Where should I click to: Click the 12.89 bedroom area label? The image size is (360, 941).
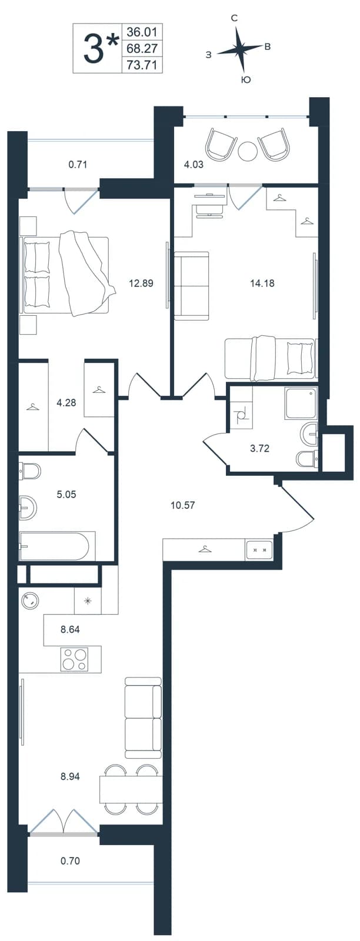coord(141,283)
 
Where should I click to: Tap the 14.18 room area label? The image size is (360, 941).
coord(262,283)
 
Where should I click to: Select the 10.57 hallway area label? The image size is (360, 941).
coord(183,505)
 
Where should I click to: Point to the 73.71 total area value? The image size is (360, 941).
coord(142,65)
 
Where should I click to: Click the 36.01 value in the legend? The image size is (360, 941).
coord(142,32)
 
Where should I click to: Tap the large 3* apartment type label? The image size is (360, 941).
coord(99,48)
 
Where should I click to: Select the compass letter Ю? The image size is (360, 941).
coord(246,80)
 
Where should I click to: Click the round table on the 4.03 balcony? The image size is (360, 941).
coord(247,151)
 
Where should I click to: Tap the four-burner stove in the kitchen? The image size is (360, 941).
coord(75,659)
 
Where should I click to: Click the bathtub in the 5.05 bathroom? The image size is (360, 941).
coord(54,546)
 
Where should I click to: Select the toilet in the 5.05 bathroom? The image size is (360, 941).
coord(30,471)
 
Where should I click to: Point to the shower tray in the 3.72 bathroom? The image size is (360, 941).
coord(301,403)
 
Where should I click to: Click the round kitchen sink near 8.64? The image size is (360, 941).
coord(30,600)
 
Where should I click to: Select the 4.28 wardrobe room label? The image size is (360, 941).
coord(66,403)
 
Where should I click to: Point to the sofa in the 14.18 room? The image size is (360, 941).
coord(192,286)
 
